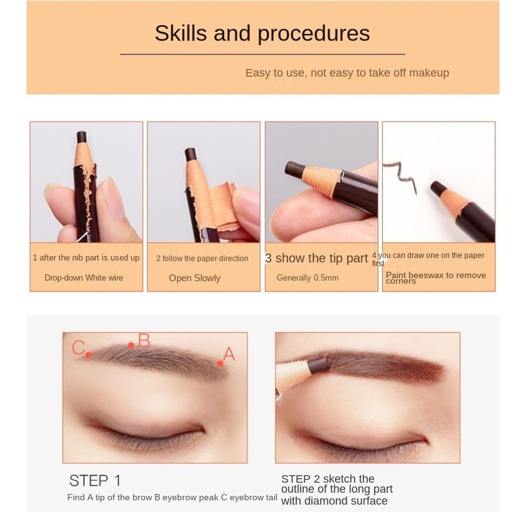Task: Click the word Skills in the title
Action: [x=181, y=33]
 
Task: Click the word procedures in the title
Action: [x=314, y=34]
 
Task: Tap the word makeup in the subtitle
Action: [x=429, y=73]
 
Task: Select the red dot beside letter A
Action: [x=220, y=363]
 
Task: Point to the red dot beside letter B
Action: [x=131, y=345]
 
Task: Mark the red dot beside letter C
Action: [x=89, y=355]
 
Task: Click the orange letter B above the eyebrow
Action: [x=144, y=340]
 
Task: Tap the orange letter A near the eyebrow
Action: [x=229, y=354]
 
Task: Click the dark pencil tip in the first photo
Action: [x=82, y=136]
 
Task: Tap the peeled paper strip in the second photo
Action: [x=224, y=207]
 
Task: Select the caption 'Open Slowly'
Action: [x=195, y=278]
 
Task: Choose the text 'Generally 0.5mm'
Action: [x=308, y=278]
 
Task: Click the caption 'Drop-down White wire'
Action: [x=84, y=278]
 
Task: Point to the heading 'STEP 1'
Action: [x=95, y=481]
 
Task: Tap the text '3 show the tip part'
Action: [x=317, y=258]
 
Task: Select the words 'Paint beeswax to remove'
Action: [x=436, y=276]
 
